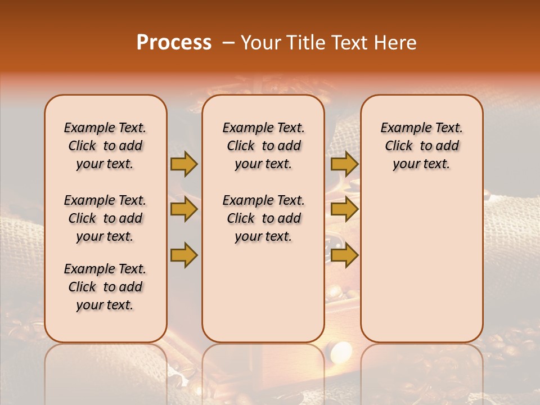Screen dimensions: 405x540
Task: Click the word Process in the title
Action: [x=174, y=43]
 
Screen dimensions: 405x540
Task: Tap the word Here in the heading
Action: [x=395, y=43]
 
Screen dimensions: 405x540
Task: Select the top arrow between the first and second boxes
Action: [x=184, y=164]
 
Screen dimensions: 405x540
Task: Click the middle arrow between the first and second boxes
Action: [x=184, y=209]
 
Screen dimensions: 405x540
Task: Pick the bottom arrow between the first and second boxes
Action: [x=184, y=254]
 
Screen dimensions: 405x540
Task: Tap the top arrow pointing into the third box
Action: [x=344, y=164]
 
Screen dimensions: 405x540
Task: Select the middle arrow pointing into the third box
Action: [x=344, y=209]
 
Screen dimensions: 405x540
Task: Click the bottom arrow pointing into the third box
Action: [x=344, y=255]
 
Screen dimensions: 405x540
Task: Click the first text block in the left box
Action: [x=105, y=146]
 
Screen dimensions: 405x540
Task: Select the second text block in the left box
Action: [x=105, y=218]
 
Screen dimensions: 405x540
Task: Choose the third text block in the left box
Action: [x=105, y=287]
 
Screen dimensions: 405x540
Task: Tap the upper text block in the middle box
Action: [x=263, y=146]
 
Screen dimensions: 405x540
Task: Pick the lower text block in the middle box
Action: [x=263, y=218]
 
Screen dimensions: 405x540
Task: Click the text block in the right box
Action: [x=421, y=146]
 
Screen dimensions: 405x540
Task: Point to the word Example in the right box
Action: [x=401, y=128]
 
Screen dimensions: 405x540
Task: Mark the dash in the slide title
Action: [x=228, y=43]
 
